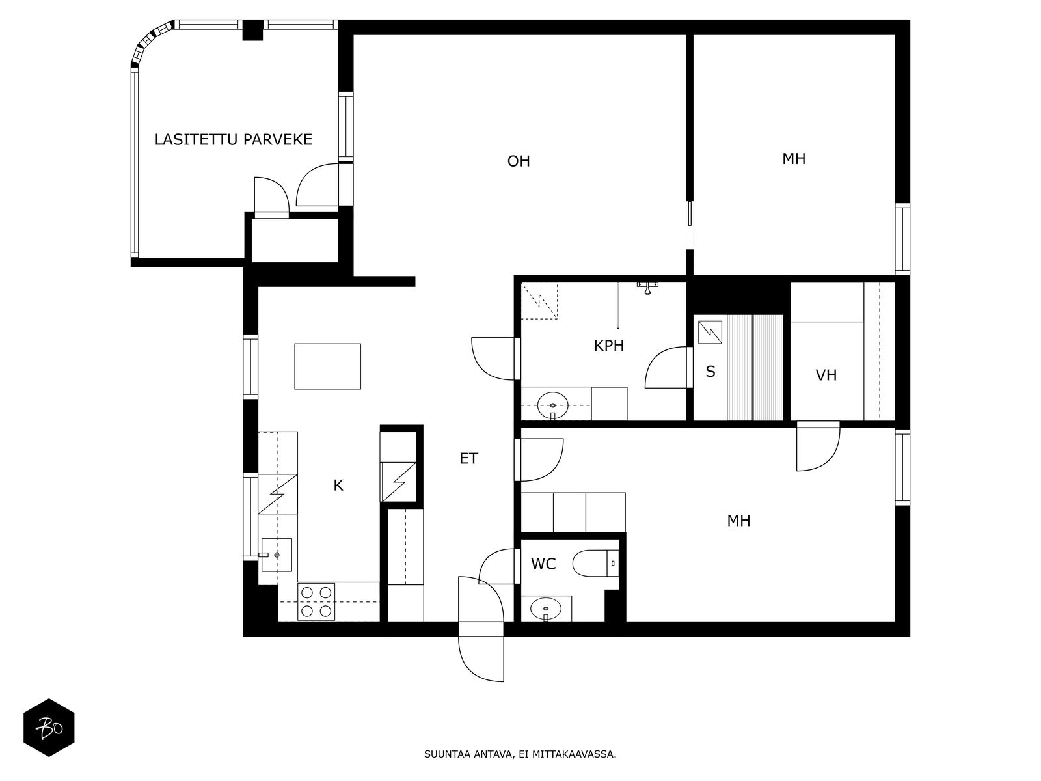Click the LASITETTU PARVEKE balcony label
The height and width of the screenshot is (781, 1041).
point(234,139)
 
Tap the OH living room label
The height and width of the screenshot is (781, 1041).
point(519,161)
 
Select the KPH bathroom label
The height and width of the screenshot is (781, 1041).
point(608,346)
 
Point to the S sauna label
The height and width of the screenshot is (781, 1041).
point(710,371)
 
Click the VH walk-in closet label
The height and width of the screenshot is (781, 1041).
point(826,375)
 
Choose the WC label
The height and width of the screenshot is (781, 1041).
point(543,564)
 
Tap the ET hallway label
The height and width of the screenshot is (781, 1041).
point(468,458)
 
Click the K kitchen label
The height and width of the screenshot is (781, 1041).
point(338,485)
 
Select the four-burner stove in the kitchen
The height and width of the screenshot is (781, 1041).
point(316,601)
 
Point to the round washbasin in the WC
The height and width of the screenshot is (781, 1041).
point(545,609)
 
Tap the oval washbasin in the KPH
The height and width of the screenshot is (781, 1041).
point(552,406)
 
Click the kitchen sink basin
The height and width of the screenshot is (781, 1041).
point(277,555)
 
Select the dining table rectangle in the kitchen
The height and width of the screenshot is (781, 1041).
point(327,366)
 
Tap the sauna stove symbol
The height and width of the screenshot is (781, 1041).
point(710,333)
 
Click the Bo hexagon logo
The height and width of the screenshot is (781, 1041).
point(49,728)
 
